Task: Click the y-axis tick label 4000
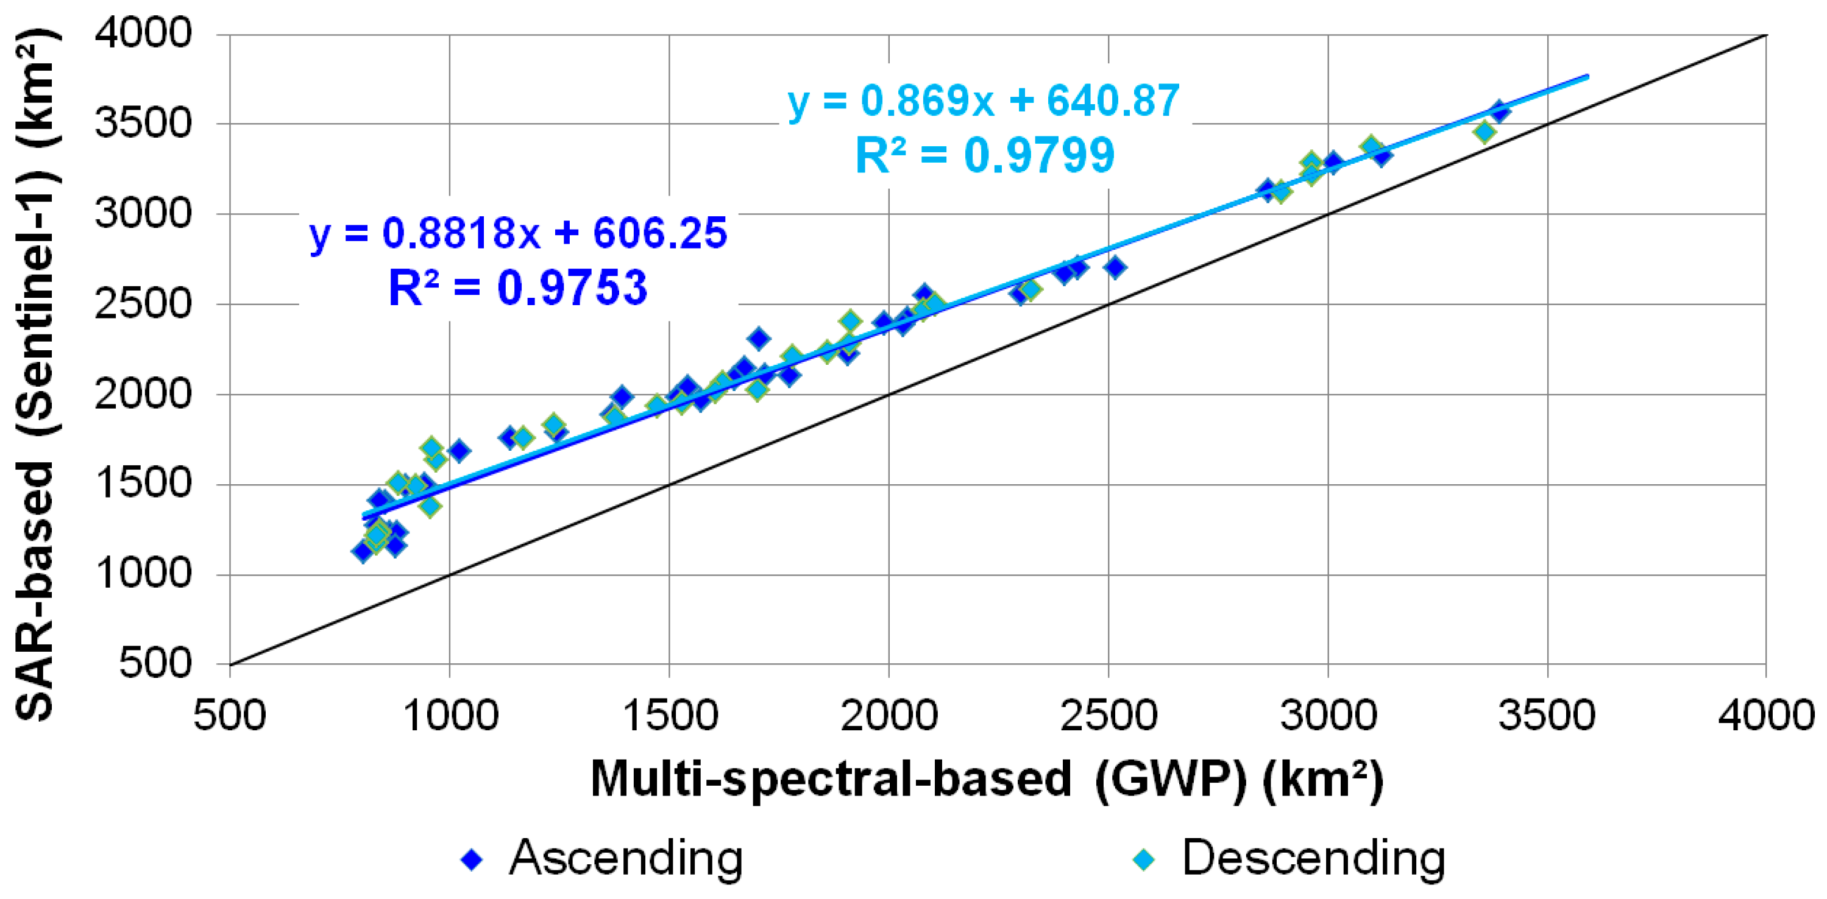(143, 33)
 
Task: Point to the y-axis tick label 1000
(143, 574)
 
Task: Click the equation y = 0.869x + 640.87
(984, 100)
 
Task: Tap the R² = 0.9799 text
(984, 156)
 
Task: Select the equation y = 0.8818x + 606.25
(519, 233)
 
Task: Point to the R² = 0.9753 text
(518, 288)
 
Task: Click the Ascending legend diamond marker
(472, 860)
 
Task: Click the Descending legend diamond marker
(1143, 860)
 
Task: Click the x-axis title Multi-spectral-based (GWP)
(986, 780)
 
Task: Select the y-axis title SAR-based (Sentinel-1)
(35, 376)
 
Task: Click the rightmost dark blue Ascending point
(1499, 111)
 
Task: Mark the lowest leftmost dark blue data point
(363, 552)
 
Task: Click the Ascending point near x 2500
(1115, 267)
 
